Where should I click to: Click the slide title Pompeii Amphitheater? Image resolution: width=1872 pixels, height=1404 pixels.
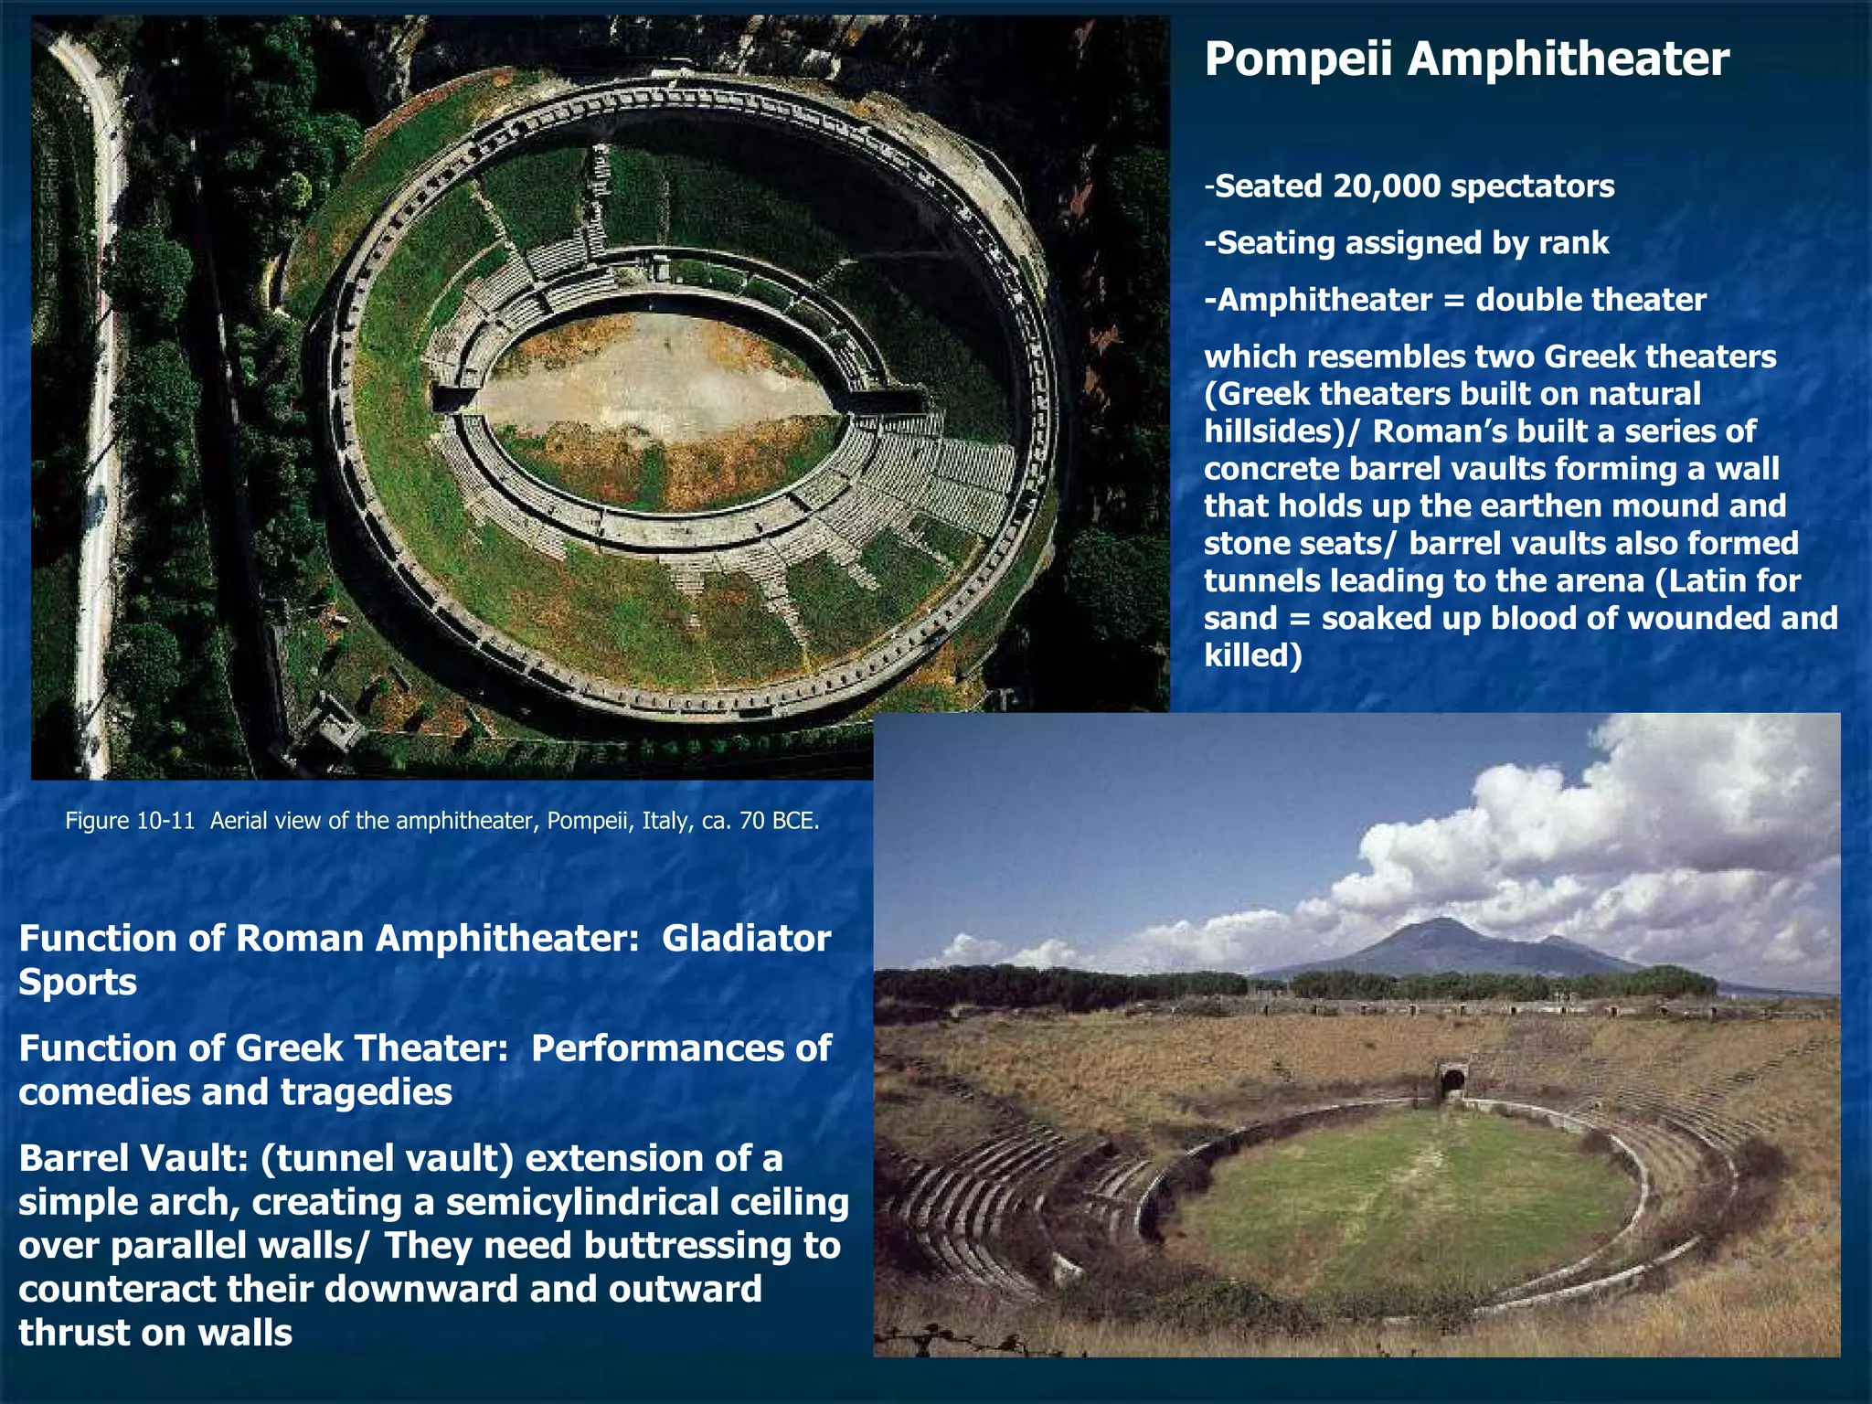tap(1466, 59)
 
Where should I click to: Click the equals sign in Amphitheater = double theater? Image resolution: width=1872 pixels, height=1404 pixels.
tap(1453, 300)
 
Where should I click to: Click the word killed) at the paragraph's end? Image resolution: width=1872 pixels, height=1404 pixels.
tap(1252, 656)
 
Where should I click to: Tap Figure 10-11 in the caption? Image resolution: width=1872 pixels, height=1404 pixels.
tap(130, 821)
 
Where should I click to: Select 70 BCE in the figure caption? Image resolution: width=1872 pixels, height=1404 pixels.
tap(779, 821)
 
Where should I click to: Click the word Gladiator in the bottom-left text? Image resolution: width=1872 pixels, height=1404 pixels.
tap(746, 939)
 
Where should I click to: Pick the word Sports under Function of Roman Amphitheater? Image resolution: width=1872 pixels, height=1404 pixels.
tap(78, 983)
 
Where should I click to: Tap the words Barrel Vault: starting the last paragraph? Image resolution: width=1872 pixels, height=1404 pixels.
tap(133, 1158)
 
